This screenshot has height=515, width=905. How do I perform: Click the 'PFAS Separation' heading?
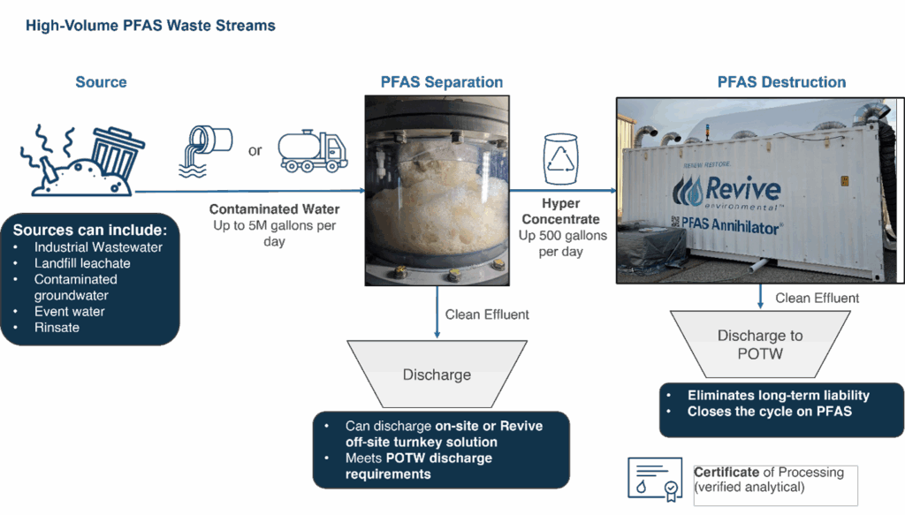(441, 82)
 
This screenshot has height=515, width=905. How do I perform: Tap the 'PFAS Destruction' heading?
(780, 82)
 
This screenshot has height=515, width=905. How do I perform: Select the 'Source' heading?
(101, 82)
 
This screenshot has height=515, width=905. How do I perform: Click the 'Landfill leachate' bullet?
(82, 263)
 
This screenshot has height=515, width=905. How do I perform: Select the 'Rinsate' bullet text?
(57, 327)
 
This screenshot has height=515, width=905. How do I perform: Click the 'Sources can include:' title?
(95, 230)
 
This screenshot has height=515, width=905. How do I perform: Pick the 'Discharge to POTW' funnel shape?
(760, 344)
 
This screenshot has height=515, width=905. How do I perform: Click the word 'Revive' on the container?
(742, 189)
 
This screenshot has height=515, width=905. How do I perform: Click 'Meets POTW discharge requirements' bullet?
(418, 466)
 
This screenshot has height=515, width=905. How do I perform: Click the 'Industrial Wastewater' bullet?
(98, 247)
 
